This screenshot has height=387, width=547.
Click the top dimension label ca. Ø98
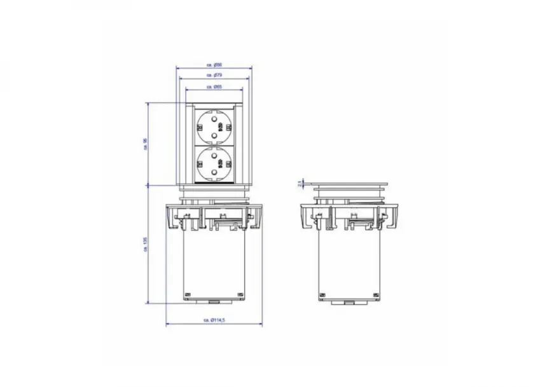(214, 65)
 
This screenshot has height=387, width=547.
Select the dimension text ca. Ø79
(214, 76)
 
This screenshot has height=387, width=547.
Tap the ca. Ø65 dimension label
(214, 86)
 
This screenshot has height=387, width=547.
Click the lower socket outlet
(214, 164)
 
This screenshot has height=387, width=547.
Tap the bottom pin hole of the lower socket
(214, 173)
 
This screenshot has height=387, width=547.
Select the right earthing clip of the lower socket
(229, 164)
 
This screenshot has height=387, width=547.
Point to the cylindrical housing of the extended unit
(214, 261)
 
